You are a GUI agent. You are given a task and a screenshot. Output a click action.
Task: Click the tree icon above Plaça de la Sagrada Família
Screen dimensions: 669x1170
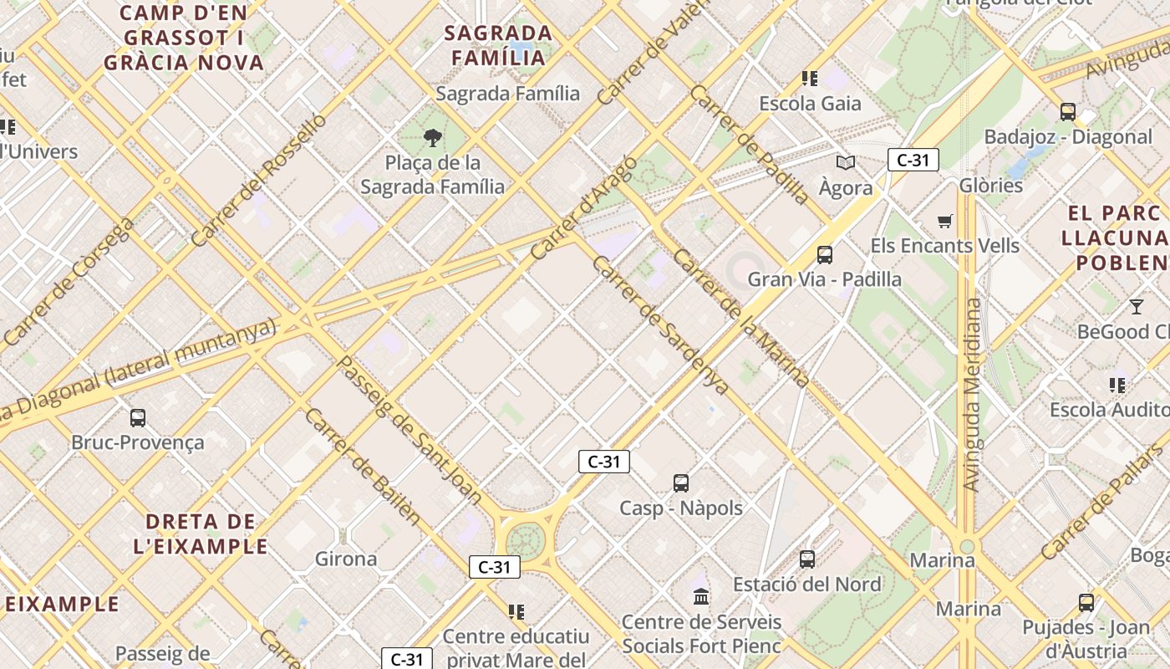[432, 138]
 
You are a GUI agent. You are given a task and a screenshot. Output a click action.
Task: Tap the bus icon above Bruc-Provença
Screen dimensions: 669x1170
[138, 417]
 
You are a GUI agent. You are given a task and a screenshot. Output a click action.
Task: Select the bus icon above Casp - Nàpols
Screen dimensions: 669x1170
[681, 483]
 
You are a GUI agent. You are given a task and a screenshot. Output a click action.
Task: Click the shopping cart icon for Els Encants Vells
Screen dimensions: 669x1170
[945, 221]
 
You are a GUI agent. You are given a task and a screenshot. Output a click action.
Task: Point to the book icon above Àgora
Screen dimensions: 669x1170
[846, 162]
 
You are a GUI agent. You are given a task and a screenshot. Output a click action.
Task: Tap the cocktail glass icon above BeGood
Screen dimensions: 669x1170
[1137, 306]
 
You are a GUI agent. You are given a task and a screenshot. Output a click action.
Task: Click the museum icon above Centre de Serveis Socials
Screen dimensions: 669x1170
[701, 596]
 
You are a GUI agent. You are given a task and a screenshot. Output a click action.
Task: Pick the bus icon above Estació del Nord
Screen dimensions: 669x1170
[807, 559]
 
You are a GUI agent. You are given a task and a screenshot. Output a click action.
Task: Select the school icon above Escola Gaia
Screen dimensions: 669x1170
[809, 79]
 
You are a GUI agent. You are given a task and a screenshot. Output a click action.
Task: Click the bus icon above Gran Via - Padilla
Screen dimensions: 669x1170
[825, 254]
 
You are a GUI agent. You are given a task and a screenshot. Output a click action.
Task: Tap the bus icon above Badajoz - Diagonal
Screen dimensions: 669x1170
[1067, 111]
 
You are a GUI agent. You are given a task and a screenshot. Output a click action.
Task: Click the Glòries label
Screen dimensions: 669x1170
[991, 185]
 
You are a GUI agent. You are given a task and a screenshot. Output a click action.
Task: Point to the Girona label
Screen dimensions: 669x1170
[346, 558]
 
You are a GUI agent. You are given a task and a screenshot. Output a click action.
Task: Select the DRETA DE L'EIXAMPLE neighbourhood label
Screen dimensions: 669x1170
[201, 534]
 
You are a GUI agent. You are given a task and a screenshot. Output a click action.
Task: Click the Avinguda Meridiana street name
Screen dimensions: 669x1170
[971, 395]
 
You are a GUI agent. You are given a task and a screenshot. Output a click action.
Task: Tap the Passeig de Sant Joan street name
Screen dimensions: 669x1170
[409, 430]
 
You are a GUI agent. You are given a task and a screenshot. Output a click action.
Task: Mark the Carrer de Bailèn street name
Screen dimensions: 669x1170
[362, 466]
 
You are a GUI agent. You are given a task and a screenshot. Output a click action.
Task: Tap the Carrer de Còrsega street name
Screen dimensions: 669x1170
[69, 282]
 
